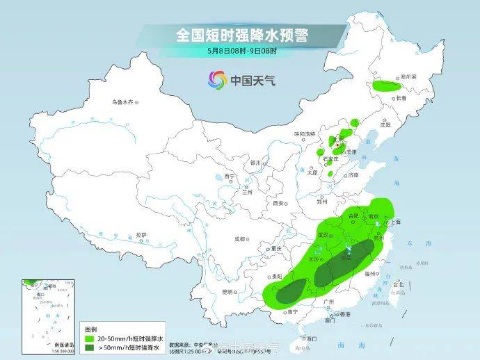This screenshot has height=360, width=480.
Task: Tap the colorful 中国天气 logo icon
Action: [218, 80]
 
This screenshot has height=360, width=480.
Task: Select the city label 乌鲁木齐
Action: [122, 102]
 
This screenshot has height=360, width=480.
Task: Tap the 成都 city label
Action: [239, 239]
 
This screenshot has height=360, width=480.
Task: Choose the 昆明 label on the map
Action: [227, 291]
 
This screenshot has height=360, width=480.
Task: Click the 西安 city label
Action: [279, 204]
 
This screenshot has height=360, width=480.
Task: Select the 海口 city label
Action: [301, 336]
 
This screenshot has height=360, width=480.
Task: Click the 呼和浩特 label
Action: [304, 133]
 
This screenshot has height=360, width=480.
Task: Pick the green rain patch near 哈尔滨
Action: [387, 88]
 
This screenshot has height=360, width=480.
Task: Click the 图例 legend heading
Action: [90, 328]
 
